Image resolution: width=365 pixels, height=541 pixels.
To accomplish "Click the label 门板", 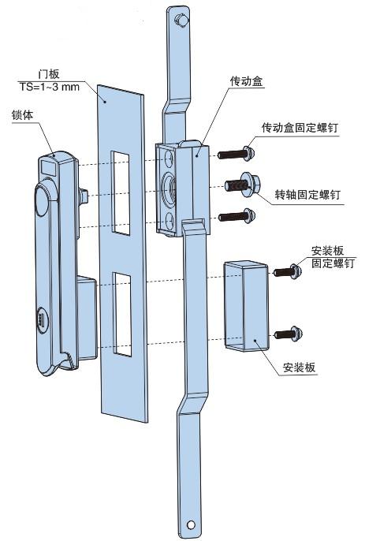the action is [x=49, y=74].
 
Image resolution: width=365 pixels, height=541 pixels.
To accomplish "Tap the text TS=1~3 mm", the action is [x=50, y=87].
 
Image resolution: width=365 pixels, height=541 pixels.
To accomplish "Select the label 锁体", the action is [x=22, y=115].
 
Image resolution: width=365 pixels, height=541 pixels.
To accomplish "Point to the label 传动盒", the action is [x=246, y=81].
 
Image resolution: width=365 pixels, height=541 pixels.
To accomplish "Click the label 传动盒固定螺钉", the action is [x=300, y=128].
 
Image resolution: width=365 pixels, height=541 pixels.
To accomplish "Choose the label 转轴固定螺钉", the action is [x=307, y=195].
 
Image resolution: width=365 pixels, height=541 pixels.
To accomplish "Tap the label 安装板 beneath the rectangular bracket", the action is [x=299, y=368].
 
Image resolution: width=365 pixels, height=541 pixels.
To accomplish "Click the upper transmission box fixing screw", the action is [x=237, y=154].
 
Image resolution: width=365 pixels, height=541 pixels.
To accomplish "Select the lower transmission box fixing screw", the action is [x=237, y=216].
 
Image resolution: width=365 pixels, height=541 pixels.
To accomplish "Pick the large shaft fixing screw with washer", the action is [x=243, y=185].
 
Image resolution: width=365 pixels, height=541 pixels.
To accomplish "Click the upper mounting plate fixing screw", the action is [x=288, y=271].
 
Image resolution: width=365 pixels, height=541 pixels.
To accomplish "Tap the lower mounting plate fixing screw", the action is [x=289, y=334].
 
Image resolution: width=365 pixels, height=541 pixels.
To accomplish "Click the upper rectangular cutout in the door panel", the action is [x=120, y=193].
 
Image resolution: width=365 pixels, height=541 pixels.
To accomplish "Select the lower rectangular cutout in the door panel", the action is [x=122, y=314].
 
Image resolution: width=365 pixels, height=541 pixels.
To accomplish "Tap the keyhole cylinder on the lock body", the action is [x=42, y=320].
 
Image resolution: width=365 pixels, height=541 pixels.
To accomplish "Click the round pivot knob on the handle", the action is [x=42, y=200].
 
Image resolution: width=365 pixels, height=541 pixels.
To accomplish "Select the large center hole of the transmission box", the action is [x=169, y=190].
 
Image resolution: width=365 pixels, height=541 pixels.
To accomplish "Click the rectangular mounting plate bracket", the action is [x=246, y=306].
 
